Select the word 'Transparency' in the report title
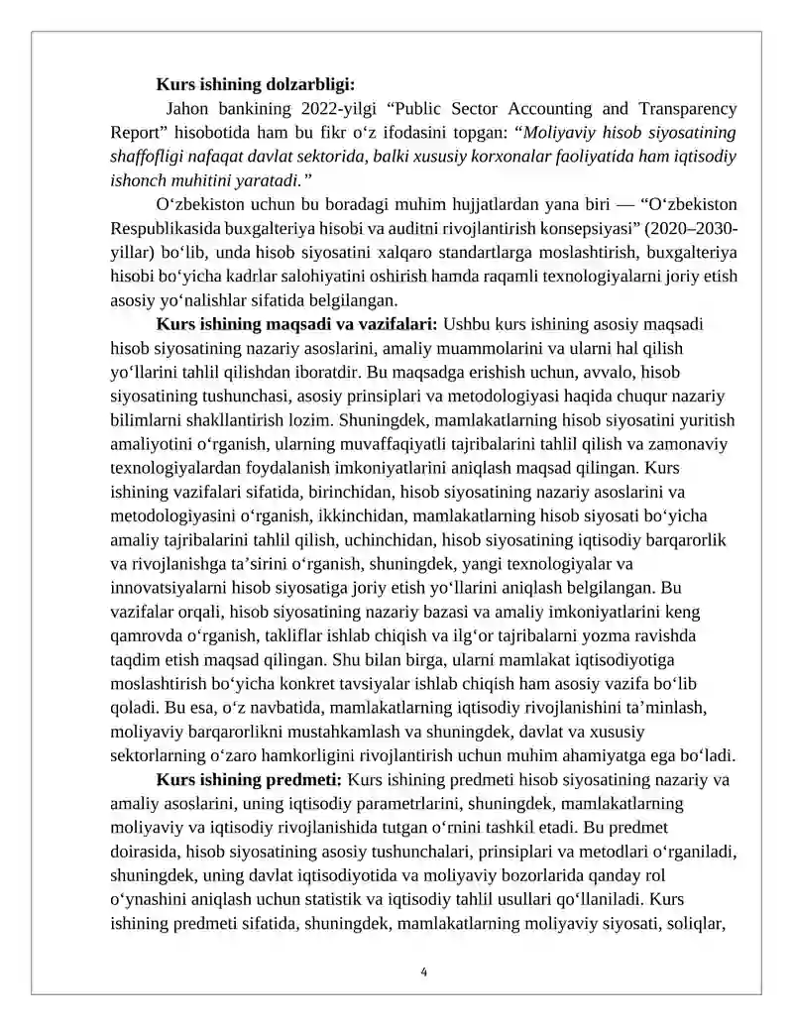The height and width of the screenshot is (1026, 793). click(688, 108)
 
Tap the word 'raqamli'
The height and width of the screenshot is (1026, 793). click(526, 276)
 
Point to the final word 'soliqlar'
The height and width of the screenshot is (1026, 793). click(699, 923)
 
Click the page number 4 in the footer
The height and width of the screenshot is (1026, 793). click(424, 971)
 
